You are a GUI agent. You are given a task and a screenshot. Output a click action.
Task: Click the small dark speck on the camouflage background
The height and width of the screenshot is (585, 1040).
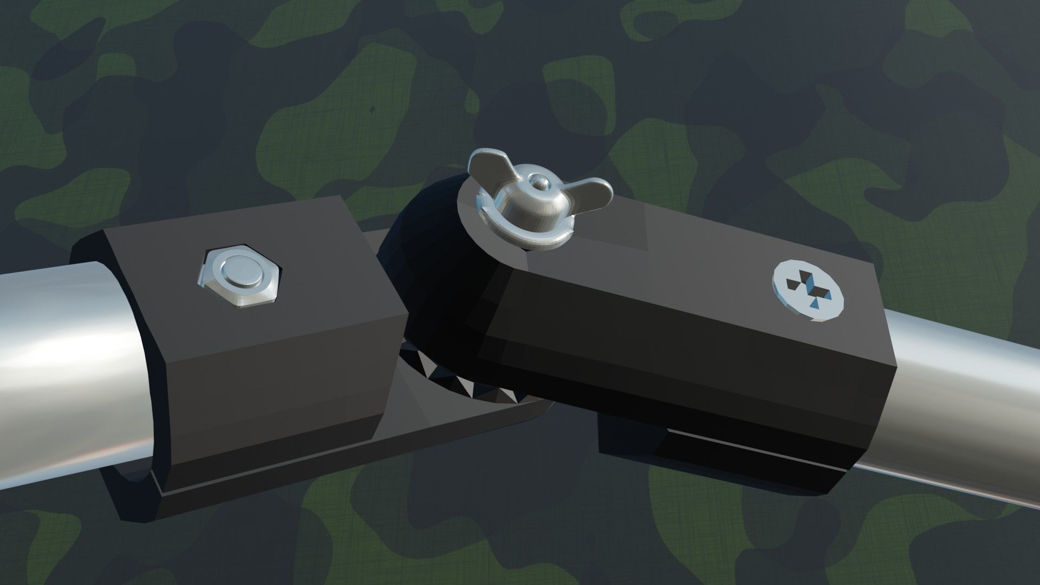[x=372, y=109]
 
